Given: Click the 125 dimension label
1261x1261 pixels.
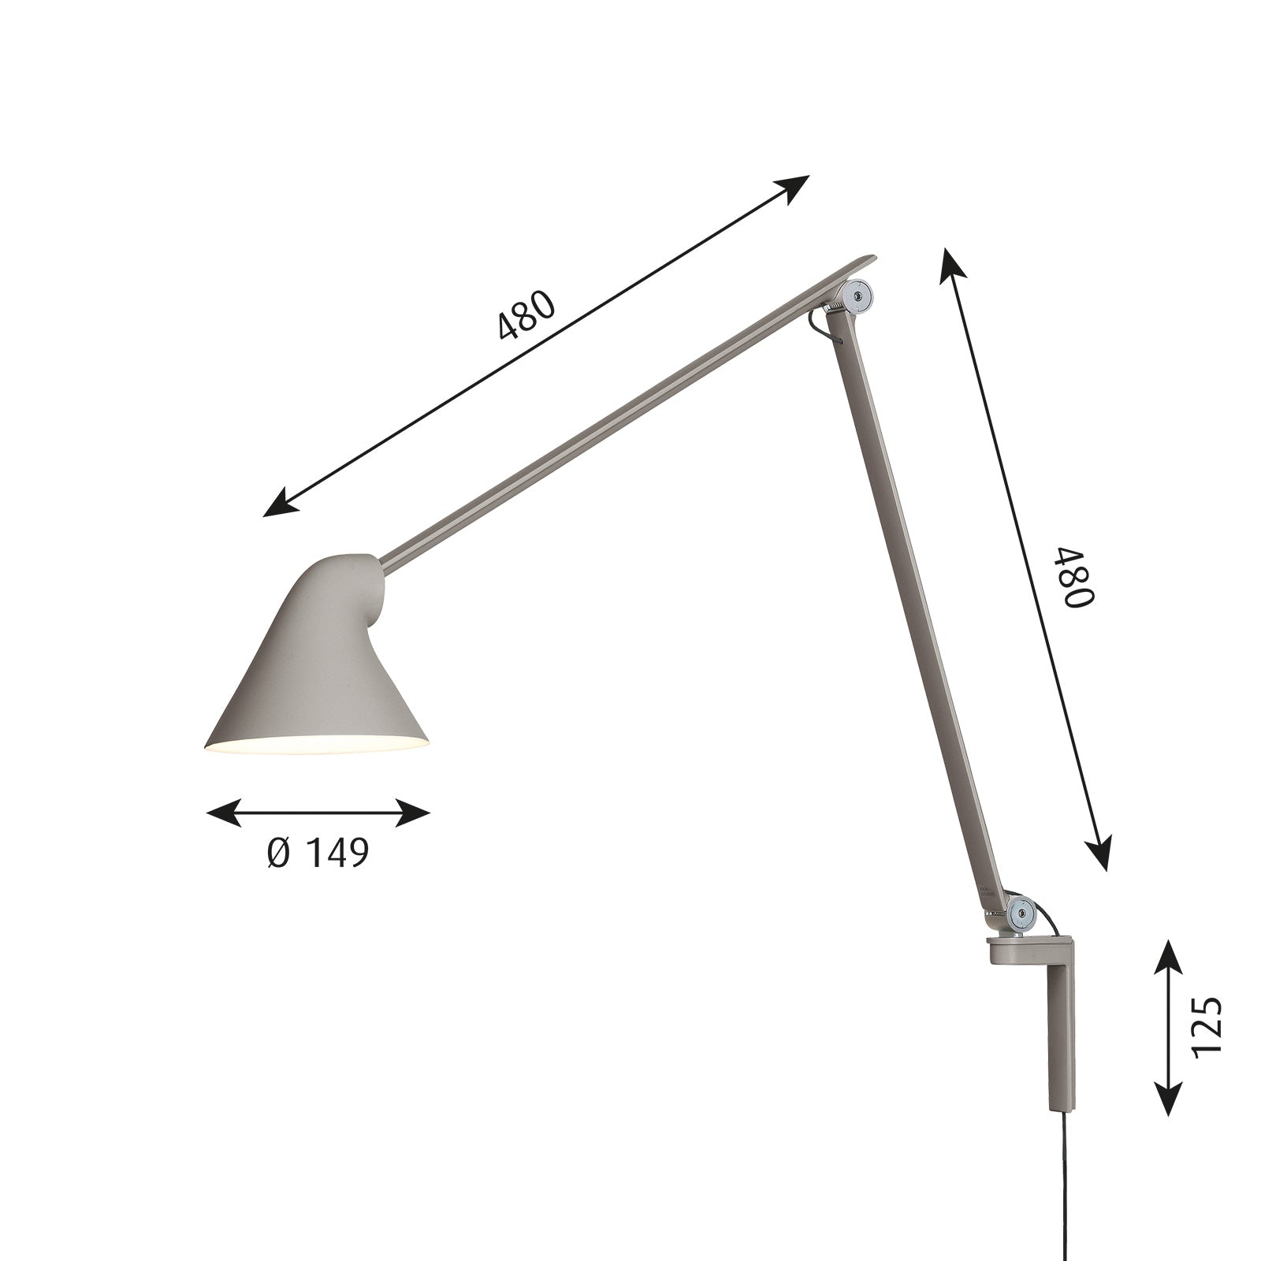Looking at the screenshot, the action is coord(1207,1025).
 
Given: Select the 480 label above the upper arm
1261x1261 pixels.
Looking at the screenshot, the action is coord(527,315).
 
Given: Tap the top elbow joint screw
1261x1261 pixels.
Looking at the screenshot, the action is coord(859,294).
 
